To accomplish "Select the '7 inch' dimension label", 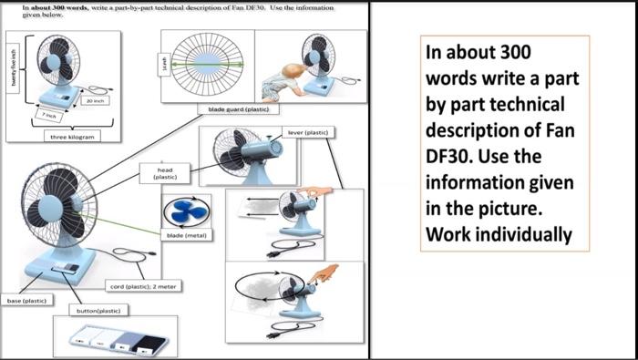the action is click(50, 117).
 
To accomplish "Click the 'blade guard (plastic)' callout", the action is click(236, 108).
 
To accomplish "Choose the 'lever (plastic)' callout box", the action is click(307, 133).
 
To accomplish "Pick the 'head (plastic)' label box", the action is click(165, 173).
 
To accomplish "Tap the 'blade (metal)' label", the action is click(186, 235).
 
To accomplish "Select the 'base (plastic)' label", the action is click(26, 300).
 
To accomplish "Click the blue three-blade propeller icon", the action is click(185, 211).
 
